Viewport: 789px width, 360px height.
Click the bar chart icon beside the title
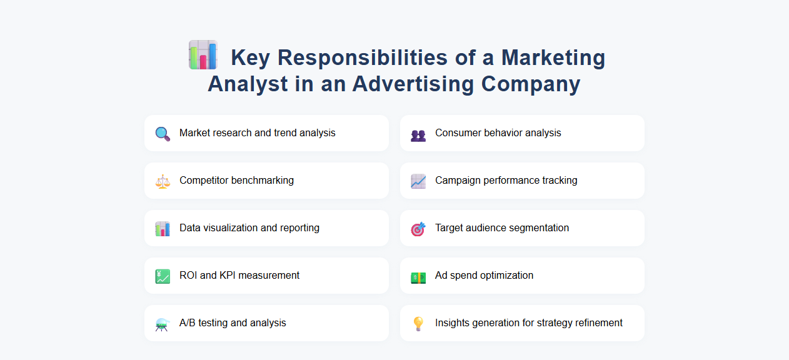[203, 55]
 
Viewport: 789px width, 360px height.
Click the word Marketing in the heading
[553, 57]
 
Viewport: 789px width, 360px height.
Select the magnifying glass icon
[163, 134]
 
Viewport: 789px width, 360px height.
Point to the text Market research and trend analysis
[257, 133]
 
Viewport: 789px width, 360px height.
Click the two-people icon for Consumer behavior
[418, 135]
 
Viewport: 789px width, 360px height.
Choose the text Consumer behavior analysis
[498, 133]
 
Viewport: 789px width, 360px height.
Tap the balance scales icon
[163, 181]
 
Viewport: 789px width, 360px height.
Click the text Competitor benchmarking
[236, 181]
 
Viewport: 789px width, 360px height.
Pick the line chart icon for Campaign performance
[418, 181]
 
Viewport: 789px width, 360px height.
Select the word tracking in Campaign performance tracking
[558, 181]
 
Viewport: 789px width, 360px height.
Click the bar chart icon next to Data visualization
[163, 229]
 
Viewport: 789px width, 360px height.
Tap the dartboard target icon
[418, 229]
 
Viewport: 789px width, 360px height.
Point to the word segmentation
[539, 228]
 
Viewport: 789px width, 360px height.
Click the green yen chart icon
[163, 276]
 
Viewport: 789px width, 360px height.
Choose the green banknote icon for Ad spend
[418, 277]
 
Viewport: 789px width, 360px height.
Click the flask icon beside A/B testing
[163, 324]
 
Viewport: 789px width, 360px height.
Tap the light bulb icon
[418, 324]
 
